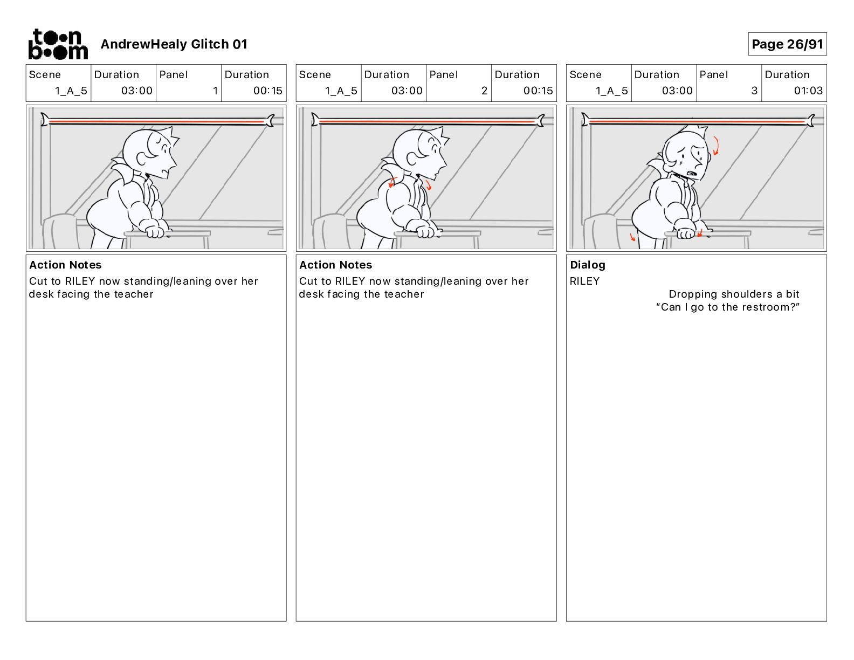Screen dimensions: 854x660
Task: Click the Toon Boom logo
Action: tap(58, 44)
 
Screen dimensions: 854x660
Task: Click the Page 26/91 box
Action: tap(787, 44)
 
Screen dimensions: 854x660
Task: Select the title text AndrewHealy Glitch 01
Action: tap(174, 44)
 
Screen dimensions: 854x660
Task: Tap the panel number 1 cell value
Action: tap(215, 91)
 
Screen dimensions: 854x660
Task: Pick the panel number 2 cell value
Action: tap(484, 91)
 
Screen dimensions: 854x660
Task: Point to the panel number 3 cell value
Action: tap(754, 91)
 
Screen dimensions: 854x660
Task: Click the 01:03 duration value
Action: tap(808, 91)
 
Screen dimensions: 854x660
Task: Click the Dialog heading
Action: tap(588, 265)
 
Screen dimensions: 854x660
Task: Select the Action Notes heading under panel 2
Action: tap(336, 265)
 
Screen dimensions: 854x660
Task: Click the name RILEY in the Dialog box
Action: tap(584, 281)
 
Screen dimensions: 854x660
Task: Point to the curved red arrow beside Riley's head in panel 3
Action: tap(716, 146)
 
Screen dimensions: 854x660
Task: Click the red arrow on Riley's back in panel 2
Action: tap(392, 182)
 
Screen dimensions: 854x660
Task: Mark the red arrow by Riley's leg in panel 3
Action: tap(632, 237)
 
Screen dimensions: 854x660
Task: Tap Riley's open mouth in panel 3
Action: tap(691, 173)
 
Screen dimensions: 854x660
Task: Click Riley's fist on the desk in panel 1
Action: tap(155, 232)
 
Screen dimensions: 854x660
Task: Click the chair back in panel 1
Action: tap(61, 231)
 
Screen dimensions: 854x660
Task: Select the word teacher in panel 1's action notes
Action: tap(134, 294)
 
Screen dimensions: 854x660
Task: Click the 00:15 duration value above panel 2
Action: tap(538, 91)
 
